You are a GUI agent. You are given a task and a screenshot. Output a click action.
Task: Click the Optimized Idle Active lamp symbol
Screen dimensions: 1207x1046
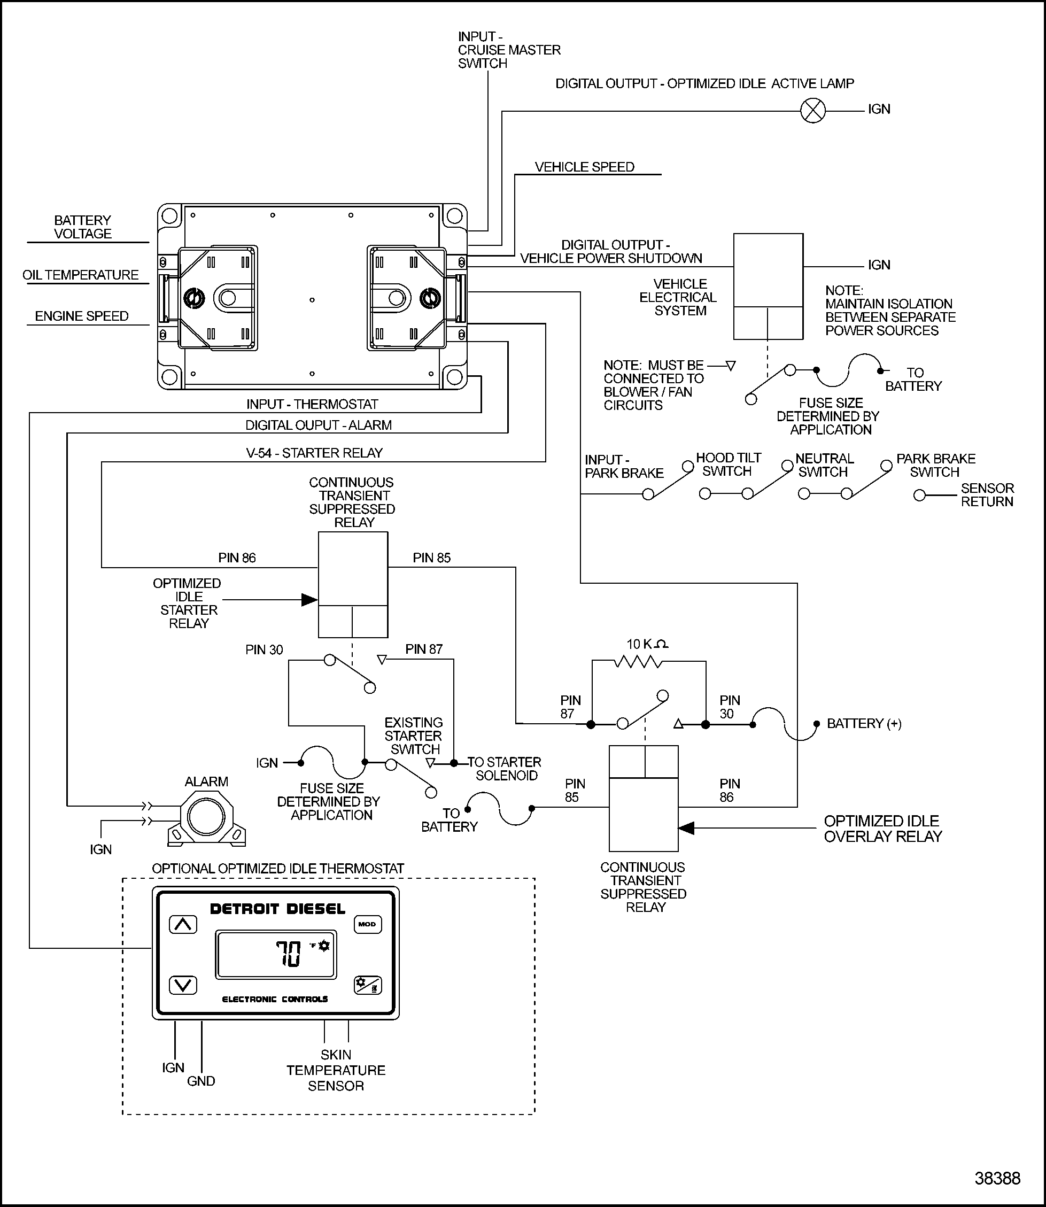(x=812, y=110)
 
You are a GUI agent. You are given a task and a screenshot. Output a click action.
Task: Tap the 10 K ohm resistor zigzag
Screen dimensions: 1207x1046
(x=638, y=662)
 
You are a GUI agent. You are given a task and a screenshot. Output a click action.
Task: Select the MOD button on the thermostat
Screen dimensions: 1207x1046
(x=367, y=924)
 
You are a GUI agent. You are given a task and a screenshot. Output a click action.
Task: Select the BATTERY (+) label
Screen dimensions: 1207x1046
(x=864, y=724)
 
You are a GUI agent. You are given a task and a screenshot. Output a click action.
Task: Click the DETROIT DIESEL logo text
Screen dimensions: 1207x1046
(x=277, y=909)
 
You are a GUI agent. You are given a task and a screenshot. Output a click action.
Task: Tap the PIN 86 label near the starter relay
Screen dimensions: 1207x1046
(x=237, y=558)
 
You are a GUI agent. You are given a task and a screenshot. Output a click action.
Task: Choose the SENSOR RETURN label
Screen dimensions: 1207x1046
(x=987, y=495)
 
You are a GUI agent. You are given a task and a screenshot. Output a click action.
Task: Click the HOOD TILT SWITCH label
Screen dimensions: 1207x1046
(x=728, y=465)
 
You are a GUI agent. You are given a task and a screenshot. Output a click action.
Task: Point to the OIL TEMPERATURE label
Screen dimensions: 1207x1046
(x=81, y=275)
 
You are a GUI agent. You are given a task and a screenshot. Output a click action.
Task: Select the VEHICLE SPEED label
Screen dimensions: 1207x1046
(x=584, y=167)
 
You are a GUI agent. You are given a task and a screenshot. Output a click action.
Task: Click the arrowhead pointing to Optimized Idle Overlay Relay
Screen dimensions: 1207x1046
(x=686, y=828)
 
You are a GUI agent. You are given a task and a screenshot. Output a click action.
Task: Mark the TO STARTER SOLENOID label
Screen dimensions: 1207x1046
(x=505, y=769)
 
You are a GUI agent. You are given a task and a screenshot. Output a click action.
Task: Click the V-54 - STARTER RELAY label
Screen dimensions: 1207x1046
(x=314, y=453)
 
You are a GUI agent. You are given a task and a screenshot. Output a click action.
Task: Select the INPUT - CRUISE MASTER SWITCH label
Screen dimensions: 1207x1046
(x=508, y=50)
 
